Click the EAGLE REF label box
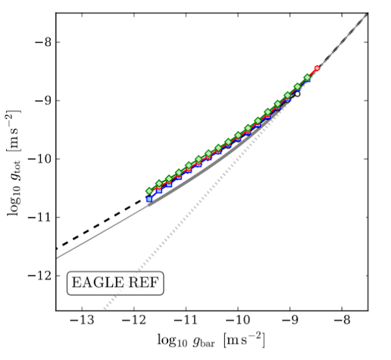(x=115, y=283)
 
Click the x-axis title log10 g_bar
(x=211, y=340)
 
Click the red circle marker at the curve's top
(x=317, y=68)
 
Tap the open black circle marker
(x=297, y=94)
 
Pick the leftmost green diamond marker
(x=149, y=191)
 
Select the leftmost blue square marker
(x=149, y=199)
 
